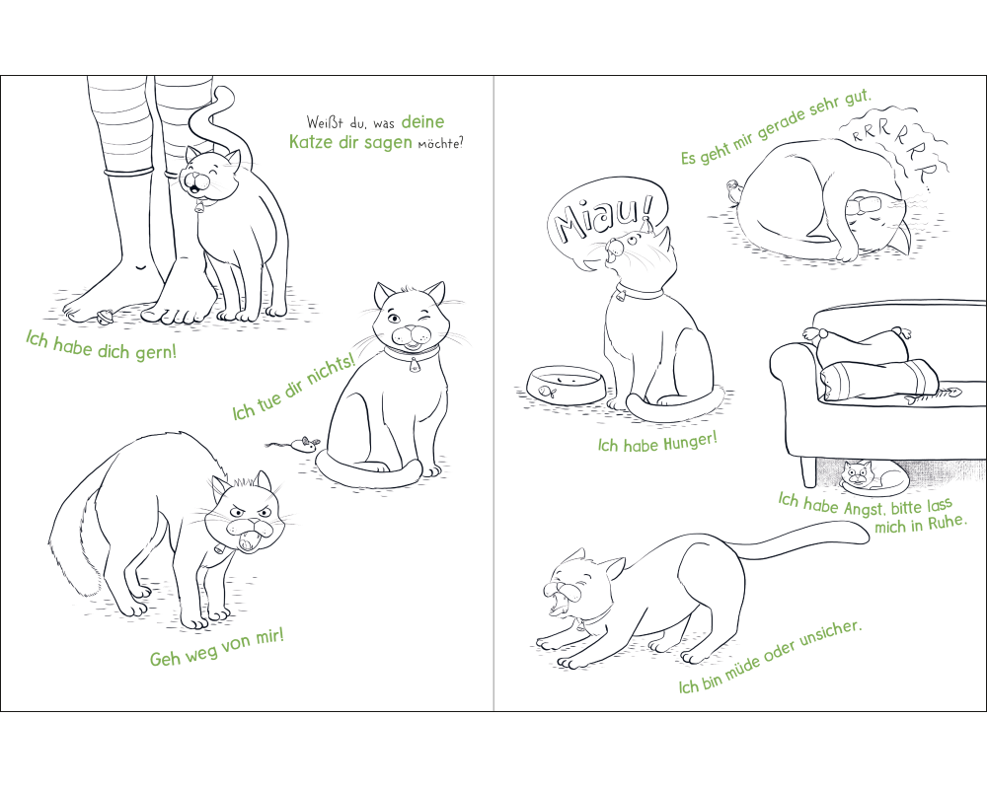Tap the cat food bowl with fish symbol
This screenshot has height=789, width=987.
coord(566,386)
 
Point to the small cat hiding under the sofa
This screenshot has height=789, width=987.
coord(873,478)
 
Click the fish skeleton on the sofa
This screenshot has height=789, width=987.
coord(934,394)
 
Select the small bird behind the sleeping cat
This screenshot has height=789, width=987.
coord(733,192)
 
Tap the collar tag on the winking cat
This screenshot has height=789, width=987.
coord(414,365)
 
